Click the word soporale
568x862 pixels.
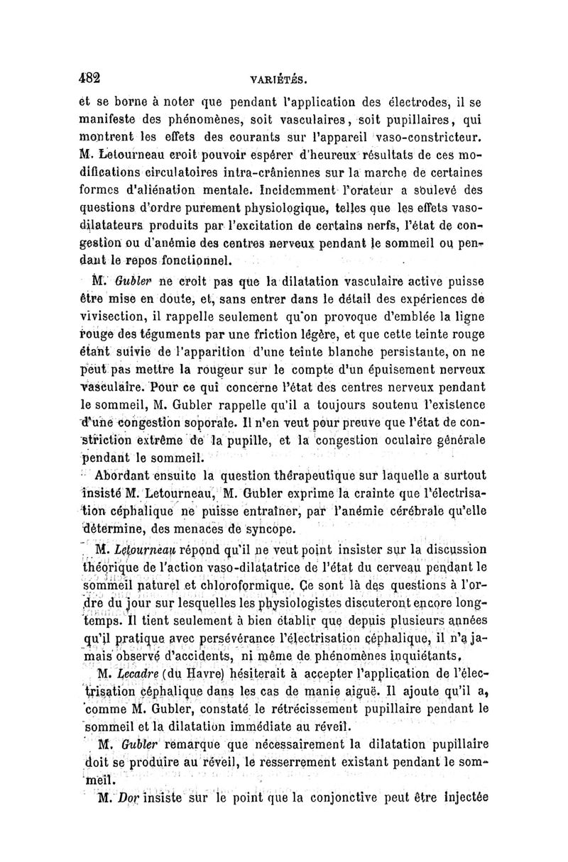point(227,424)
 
